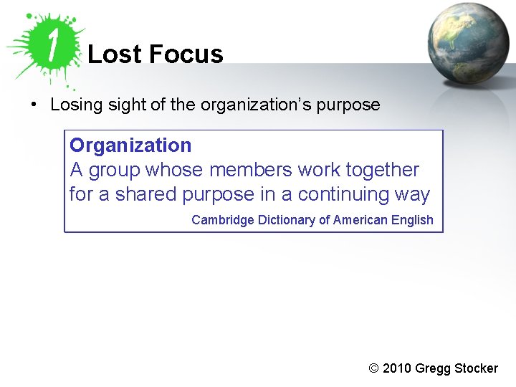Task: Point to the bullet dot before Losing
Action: [x=34, y=105]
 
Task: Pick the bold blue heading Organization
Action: [x=130, y=145]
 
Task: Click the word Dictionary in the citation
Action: [x=286, y=220]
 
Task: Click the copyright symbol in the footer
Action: [x=373, y=368]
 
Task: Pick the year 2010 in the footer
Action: [x=398, y=368]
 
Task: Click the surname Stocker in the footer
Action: [x=476, y=368]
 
